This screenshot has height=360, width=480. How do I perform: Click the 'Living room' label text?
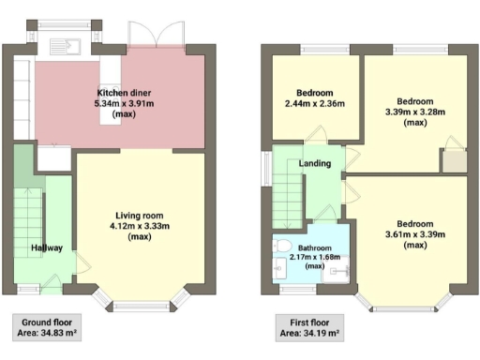[x=140, y=215]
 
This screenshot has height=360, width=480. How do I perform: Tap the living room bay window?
[x=141, y=301]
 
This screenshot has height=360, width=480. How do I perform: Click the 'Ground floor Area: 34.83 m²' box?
[x=43, y=326]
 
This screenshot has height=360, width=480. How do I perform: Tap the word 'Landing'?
[x=314, y=164]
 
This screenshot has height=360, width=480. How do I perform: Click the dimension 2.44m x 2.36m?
[x=315, y=104]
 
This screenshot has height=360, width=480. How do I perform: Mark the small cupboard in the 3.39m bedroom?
[x=455, y=160]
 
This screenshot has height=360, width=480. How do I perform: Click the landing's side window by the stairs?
[x=265, y=168]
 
